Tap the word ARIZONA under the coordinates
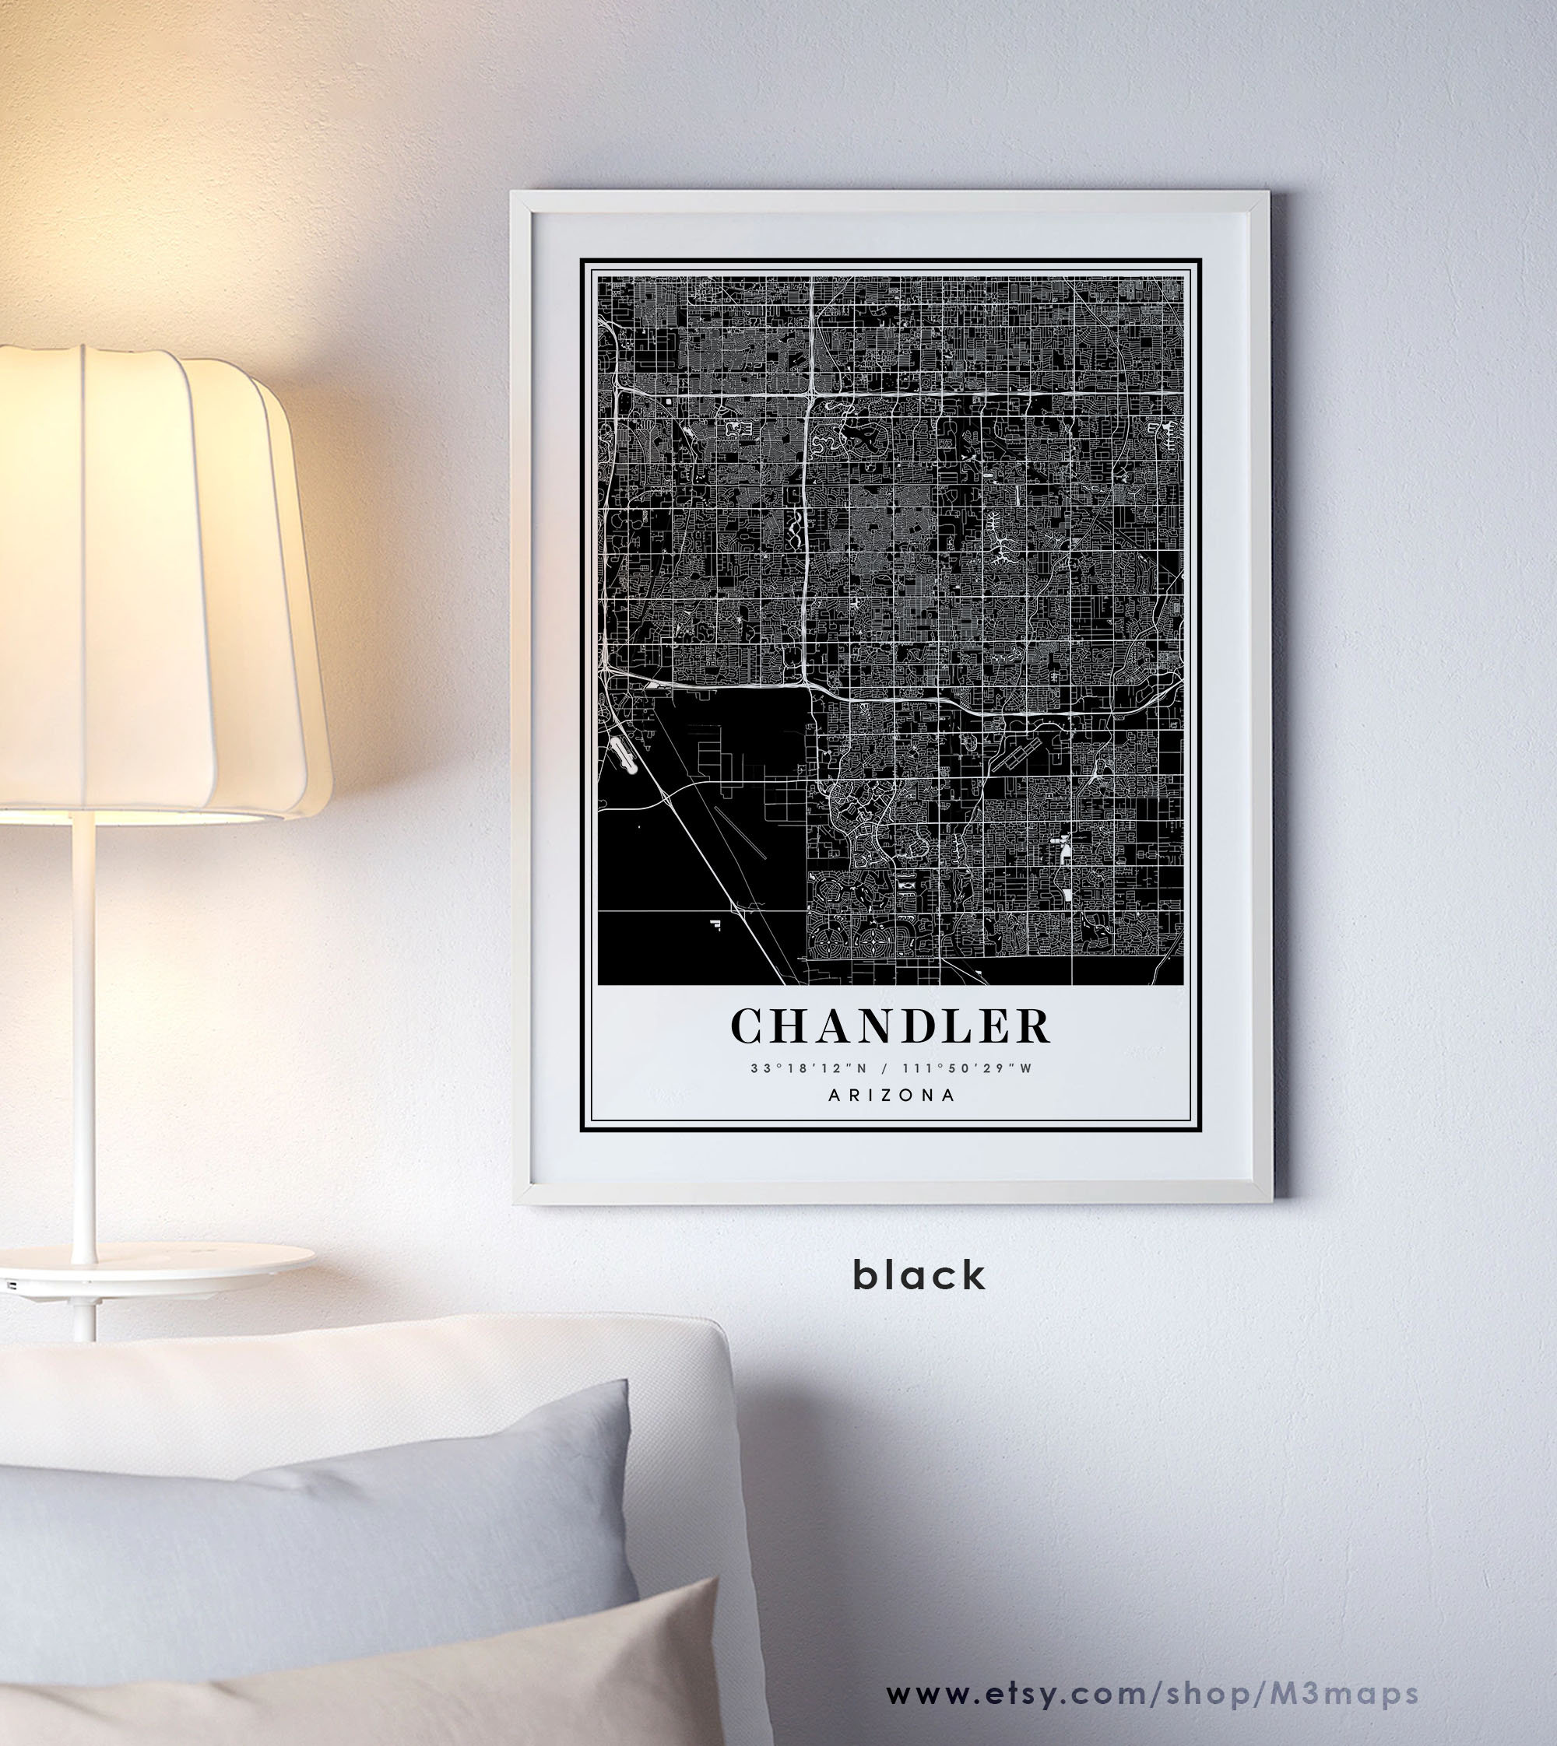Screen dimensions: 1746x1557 (891, 1096)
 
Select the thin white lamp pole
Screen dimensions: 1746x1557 (83, 1026)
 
